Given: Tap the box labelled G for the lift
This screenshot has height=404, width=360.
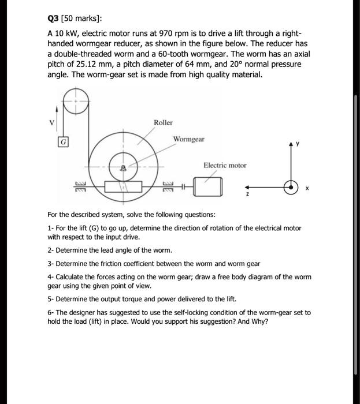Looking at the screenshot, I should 63,141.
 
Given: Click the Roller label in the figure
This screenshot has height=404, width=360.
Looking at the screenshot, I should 163,122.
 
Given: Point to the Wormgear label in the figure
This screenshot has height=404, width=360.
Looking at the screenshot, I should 188,139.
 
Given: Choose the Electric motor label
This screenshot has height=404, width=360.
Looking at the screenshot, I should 225,165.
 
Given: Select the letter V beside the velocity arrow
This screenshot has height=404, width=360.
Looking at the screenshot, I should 53,122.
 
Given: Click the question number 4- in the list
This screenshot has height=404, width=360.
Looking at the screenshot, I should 51,277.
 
